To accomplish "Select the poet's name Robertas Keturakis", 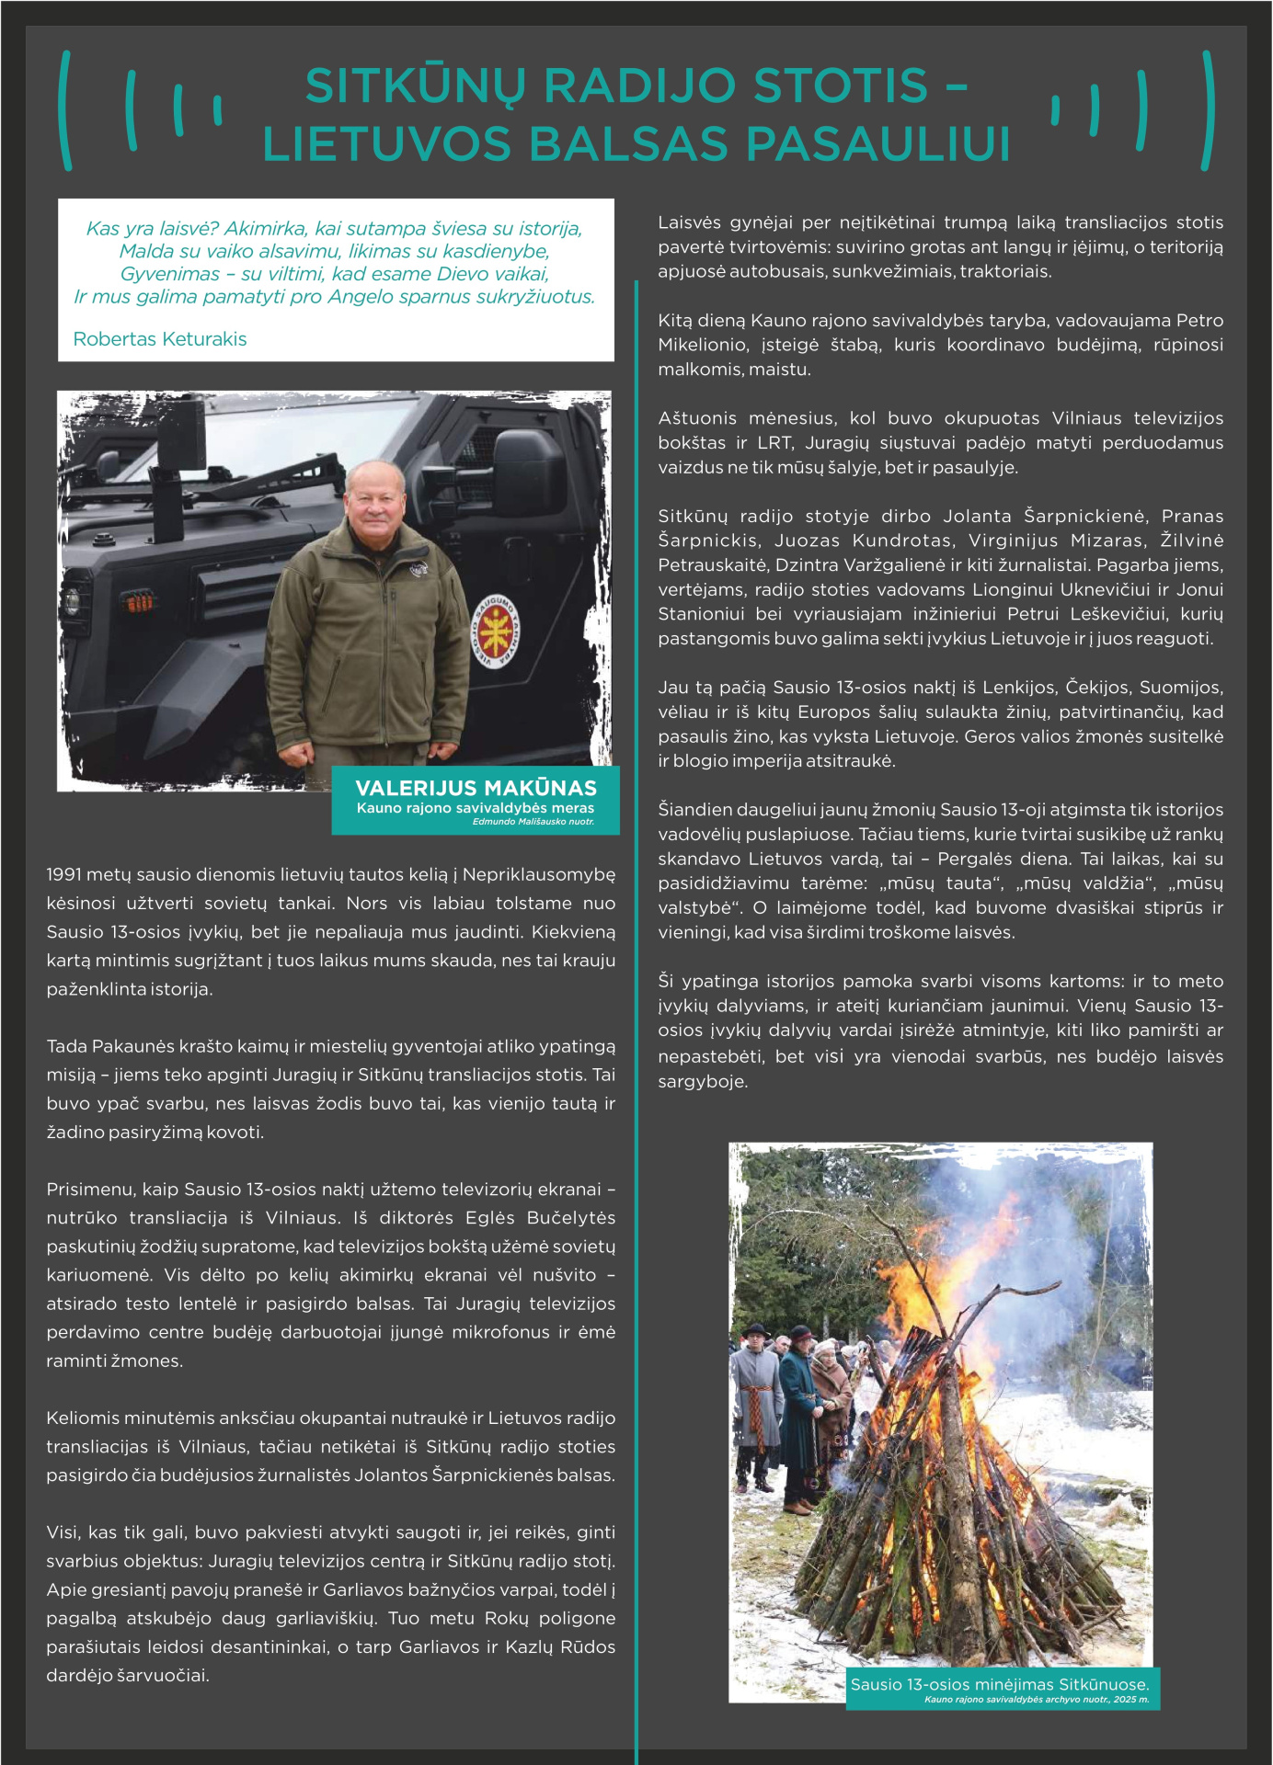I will click(x=160, y=339).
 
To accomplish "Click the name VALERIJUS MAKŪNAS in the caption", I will click(x=476, y=788).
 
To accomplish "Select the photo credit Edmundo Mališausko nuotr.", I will click(x=533, y=822).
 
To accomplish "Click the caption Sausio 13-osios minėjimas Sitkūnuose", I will click(x=1000, y=1684).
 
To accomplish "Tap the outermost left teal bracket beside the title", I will click(x=65, y=110).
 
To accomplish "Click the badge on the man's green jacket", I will click(x=419, y=570).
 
